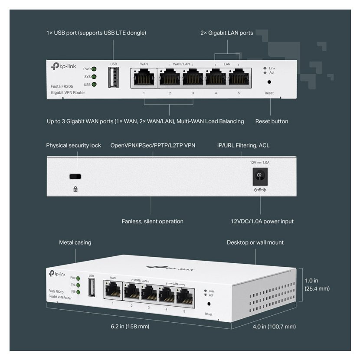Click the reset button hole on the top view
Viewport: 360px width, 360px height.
(x=269, y=82)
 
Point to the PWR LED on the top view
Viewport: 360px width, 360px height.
(x=94, y=69)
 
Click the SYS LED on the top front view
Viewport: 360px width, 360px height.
(x=94, y=77)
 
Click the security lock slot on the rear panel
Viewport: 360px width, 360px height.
(x=76, y=177)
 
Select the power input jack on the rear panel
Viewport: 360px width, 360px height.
(x=259, y=176)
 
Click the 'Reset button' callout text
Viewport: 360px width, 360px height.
(x=272, y=121)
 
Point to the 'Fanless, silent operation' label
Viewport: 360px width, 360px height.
(x=152, y=222)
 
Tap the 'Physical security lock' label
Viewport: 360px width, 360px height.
(x=74, y=145)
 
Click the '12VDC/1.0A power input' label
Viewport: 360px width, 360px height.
(x=262, y=222)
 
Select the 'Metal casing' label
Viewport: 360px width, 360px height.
(x=75, y=242)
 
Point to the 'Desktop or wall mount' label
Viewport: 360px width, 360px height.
(x=255, y=242)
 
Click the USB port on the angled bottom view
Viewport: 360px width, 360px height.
(x=92, y=288)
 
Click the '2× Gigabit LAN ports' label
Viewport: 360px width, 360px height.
(x=227, y=33)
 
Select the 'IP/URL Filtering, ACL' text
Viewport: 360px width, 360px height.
(x=243, y=145)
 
